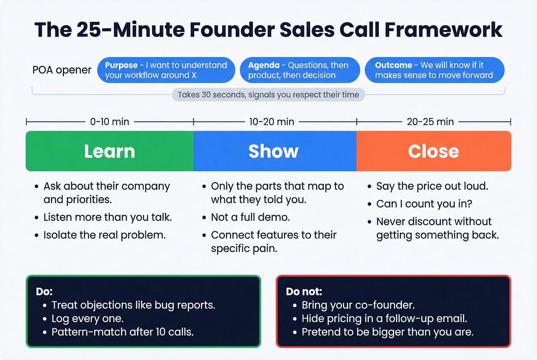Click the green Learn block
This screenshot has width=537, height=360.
point(110,151)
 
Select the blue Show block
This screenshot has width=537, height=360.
point(275,151)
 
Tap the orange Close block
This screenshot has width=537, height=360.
point(433,151)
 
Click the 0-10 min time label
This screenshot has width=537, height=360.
point(109,122)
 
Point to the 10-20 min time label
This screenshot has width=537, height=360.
point(272,122)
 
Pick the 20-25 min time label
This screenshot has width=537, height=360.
point(430,122)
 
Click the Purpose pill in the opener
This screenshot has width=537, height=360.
point(166,70)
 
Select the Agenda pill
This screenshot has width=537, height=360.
point(300,70)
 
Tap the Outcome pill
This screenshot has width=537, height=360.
point(434,70)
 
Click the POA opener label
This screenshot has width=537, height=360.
point(62,70)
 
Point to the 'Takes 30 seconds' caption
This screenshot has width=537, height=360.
point(268,95)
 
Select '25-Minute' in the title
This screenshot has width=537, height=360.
point(130,30)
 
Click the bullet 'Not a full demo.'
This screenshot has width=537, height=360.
point(250,217)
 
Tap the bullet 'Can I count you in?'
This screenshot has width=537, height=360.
point(424,204)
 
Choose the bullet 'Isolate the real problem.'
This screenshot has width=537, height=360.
point(104,235)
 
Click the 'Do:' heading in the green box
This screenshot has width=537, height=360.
point(44,292)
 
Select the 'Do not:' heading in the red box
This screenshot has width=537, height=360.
point(304,292)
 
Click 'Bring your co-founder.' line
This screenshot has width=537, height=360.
point(358,305)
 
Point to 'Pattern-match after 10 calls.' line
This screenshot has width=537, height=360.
point(122,332)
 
